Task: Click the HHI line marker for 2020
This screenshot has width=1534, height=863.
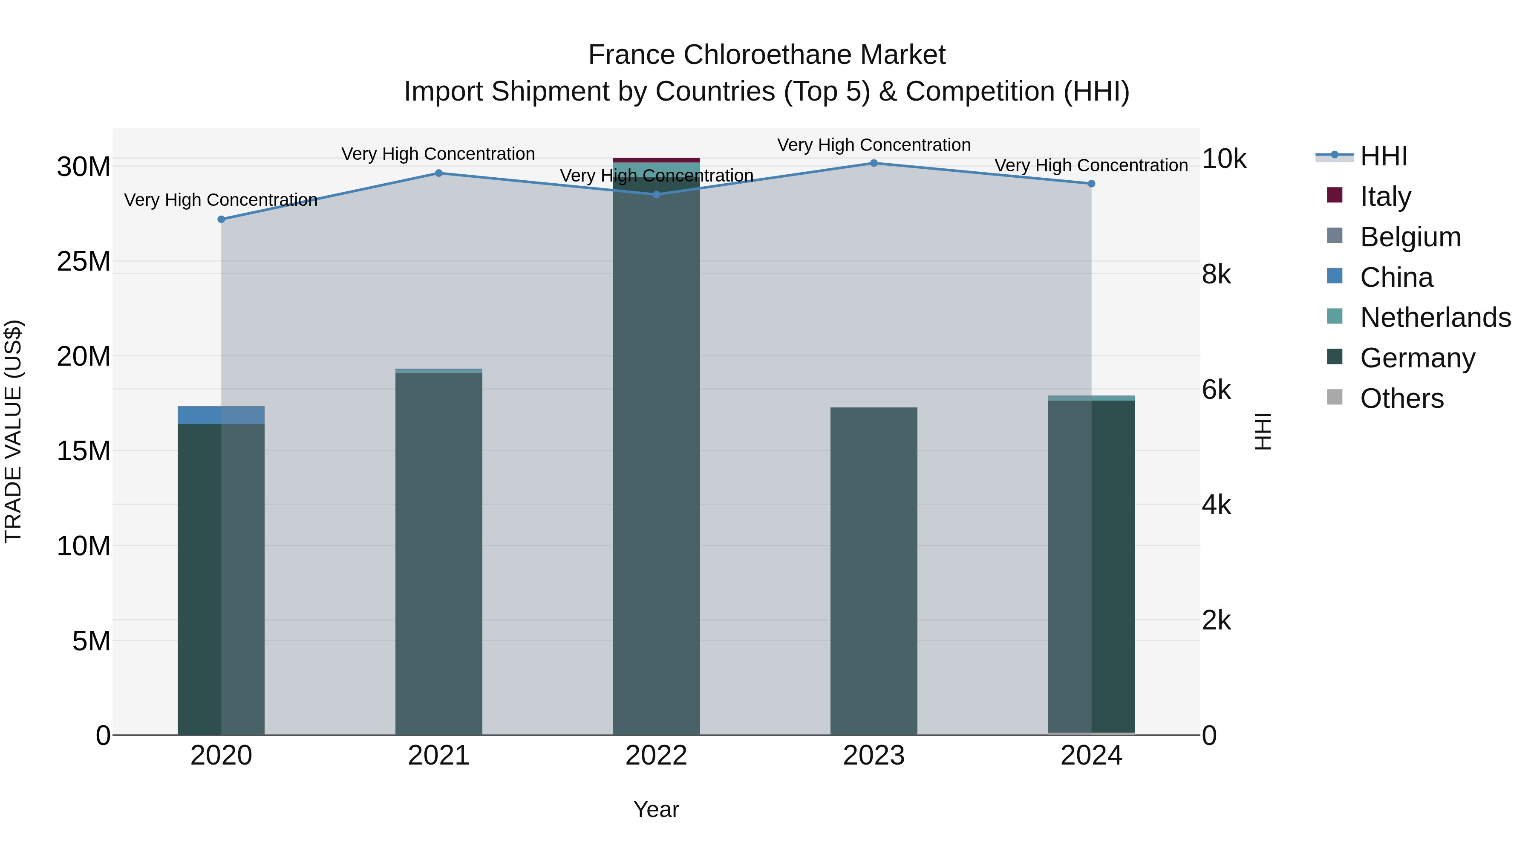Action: tap(221, 219)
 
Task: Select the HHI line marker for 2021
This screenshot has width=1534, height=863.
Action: tap(439, 173)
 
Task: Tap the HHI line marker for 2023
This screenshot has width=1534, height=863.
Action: tap(874, 163)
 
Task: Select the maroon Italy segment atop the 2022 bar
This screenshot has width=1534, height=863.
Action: tap(656, 160)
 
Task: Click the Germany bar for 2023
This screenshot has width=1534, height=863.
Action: tap(874, 572)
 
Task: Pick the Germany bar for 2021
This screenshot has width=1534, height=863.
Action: tap(439, 554)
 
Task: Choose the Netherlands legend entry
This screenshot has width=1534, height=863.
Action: tap(1435, 317)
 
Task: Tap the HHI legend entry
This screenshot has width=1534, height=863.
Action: tap(1383, 156)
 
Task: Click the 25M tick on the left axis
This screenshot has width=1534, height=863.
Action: tap(84, 262)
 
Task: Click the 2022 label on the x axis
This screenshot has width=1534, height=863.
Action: tap(656, 756)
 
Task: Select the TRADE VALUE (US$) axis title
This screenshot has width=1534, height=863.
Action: tap(13, 431)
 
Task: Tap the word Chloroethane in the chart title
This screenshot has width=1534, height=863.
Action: tap(767, 55)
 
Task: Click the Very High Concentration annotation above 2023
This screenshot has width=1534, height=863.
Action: tap(874, 145)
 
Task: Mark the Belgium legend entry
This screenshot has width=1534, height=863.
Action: tap(1410, 237)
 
